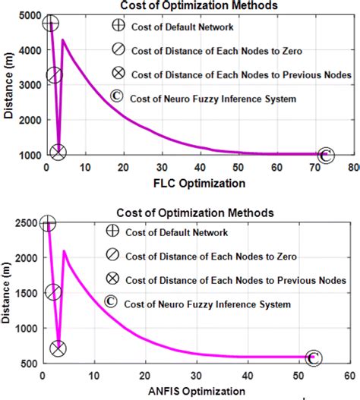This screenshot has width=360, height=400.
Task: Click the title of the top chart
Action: (x=193, y=5)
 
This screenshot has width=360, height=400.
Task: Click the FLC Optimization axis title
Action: (x=200, y=183)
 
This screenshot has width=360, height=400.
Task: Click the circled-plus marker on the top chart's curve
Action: (x=50, y=24)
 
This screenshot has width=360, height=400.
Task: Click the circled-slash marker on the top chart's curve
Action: (x=54, y=74)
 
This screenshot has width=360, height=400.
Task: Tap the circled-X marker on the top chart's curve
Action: (x=59, y=152)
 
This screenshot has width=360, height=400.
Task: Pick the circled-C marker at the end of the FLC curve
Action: (x=325, y=155)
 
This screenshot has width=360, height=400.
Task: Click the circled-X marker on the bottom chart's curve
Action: (x=58, y=348)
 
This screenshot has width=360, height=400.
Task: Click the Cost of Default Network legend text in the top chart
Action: (x=179, y=28)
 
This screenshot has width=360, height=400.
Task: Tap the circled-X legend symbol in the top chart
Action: (x=116, y=75)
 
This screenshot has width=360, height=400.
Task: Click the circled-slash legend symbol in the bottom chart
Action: (x=112, y=256)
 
